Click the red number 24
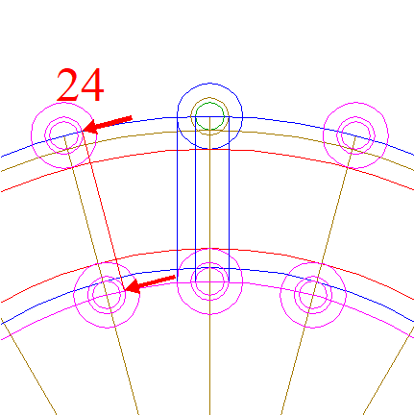tap(81, 85)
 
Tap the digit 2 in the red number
tap(67, 85)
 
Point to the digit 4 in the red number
tap(92, 85)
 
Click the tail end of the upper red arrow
tap(132, 118)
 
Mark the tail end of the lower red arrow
tap(175, 278)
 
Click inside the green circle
tap(209, 116)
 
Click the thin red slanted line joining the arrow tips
tap(104, 210)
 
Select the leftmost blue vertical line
tap(178, 199)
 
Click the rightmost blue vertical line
tap(229, 199)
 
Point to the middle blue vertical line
tap(195, 199)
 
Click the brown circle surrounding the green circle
tap(209, 98)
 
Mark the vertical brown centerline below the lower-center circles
tap(209, 365)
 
